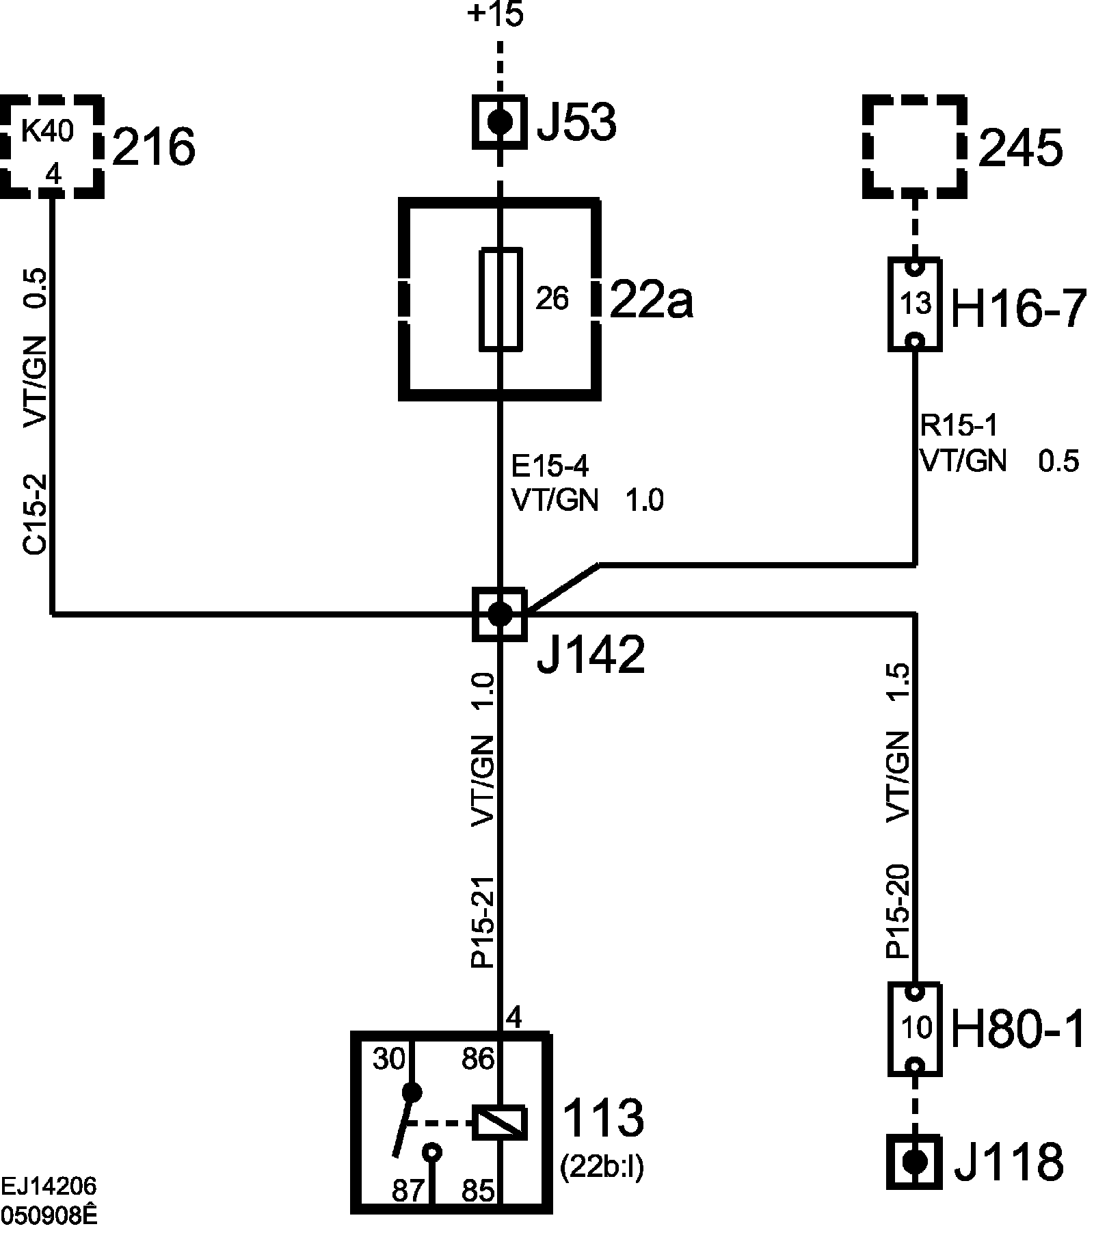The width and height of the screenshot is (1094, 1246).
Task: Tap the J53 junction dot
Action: (x=500, y=122)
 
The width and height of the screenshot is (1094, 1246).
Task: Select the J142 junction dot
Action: (x=500, y=614)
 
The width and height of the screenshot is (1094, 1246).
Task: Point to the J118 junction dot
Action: (x=914, y=1161)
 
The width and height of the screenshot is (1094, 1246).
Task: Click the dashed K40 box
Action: (x=52, y=146)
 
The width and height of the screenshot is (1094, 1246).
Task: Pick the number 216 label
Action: (x=154, y=147)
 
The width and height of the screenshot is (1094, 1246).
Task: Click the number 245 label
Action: (x=1021, y=148)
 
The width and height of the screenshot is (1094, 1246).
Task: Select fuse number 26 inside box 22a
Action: (x=552, y=299)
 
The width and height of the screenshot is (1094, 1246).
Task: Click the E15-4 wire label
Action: (x=550, y=466)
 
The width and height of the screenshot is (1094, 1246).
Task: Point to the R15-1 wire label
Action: (x=959, y=426)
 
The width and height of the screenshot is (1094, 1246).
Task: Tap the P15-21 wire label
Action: (x=483, y=921)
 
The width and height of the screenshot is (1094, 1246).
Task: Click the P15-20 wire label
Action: (x=898, y=911)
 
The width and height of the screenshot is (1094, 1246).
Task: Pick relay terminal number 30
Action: (x=389, y=1059)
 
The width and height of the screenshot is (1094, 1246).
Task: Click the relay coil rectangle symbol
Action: (x=500, y=1123)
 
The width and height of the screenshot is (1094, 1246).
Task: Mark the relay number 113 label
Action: (x=603, y=1117)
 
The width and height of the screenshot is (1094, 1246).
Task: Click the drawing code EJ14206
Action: (x=49, y=1185)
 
